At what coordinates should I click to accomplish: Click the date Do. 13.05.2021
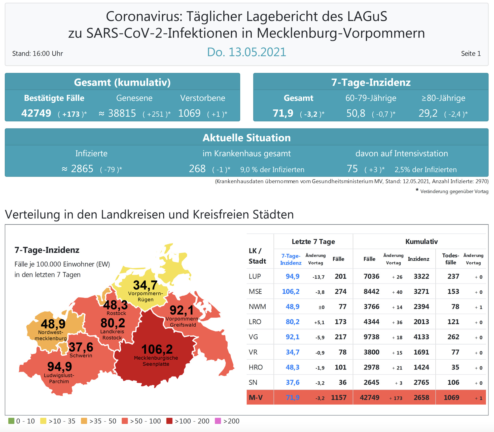point(246,52)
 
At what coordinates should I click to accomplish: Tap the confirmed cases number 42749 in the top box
point(36,113)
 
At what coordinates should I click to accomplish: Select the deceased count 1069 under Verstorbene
point(189,113)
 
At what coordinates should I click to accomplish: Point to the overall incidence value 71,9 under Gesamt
point(283,113)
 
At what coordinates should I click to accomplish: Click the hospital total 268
point(197,169)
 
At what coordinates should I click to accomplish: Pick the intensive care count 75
point(352,169)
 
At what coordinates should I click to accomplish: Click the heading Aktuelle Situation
point(246,138)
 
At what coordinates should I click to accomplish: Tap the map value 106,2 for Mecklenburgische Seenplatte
point(157,350)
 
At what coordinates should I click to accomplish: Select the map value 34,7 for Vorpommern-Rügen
point(145,286)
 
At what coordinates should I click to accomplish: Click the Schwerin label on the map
point(81,356)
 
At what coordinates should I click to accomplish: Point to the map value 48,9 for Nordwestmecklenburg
point(53,324)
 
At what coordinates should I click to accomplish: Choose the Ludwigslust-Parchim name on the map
point(59,378)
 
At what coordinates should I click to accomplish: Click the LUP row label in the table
point(255,276)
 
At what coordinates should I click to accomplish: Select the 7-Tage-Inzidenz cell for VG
point(292,337)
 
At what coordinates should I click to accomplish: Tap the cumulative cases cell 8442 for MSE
point(371,292)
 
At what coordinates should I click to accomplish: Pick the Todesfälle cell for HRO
point(455,367)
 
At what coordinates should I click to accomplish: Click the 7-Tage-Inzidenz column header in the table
point(291,259)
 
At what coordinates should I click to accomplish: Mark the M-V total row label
point(256,397)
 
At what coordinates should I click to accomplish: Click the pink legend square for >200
point(218,421)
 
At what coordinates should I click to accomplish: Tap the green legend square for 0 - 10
point(11,421)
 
